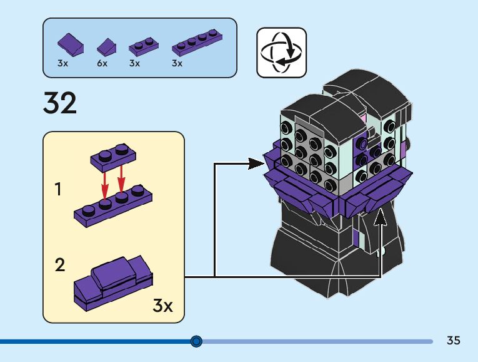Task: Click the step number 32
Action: tap(60, 103)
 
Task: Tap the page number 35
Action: tap(453, 340)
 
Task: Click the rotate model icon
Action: tap(281, 53)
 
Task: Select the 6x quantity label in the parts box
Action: tap(102, 63)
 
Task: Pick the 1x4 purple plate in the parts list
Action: tap(197, 43)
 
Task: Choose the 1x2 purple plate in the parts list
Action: tap(144, 46)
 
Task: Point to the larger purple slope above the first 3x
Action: tap(71, 44)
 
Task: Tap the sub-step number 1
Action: tap(58, 189)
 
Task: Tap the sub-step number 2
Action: tap(60, 265)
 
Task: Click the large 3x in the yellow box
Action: tap(163, 305)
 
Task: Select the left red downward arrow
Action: tap(104, 186)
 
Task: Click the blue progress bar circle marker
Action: tap(196, 341)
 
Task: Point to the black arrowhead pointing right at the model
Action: tap(256, 163)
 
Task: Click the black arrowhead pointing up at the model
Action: tap(381, 217)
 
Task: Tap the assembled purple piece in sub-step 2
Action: tap(113, 284)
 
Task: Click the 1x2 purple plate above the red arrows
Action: tap(113, 158)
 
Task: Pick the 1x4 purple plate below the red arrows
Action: tap(113, 205)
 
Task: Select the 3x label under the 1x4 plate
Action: tap(177, 63)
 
